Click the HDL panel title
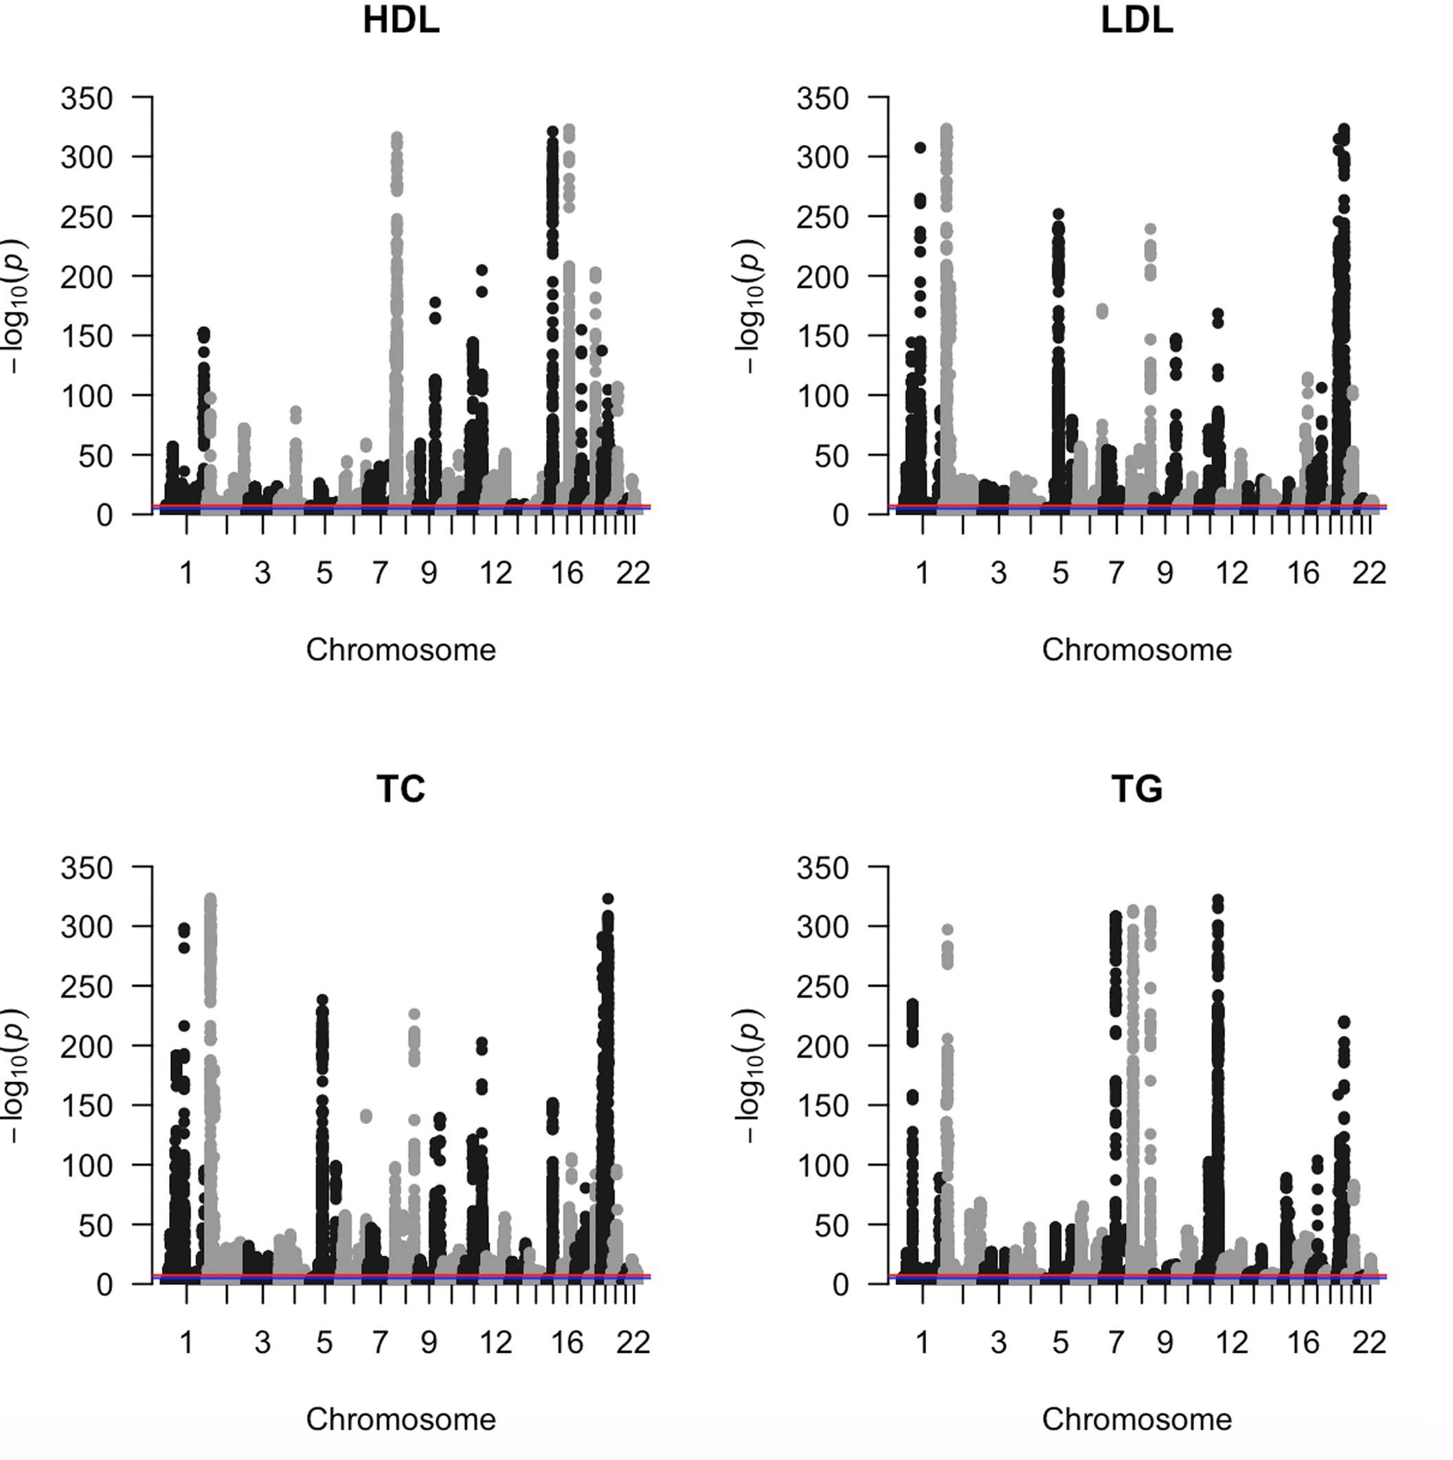(401, 21)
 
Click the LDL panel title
(1136, 21)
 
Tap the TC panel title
(401, 789)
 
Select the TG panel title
(1136, 789)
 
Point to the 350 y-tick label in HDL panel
(86, 98)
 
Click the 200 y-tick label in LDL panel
(822, 278)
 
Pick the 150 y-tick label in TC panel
(86, 1105)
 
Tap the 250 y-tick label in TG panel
(822, 986)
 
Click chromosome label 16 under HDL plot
(567, 574)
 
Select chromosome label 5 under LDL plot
(1060, 574)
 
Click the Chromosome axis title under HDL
(401, 650)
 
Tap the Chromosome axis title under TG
(1136, 1419)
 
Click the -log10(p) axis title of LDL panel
(750, 306)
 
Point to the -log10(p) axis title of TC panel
(15, 1075)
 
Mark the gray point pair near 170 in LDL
(1102, 311)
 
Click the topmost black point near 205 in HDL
(482, 270)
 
